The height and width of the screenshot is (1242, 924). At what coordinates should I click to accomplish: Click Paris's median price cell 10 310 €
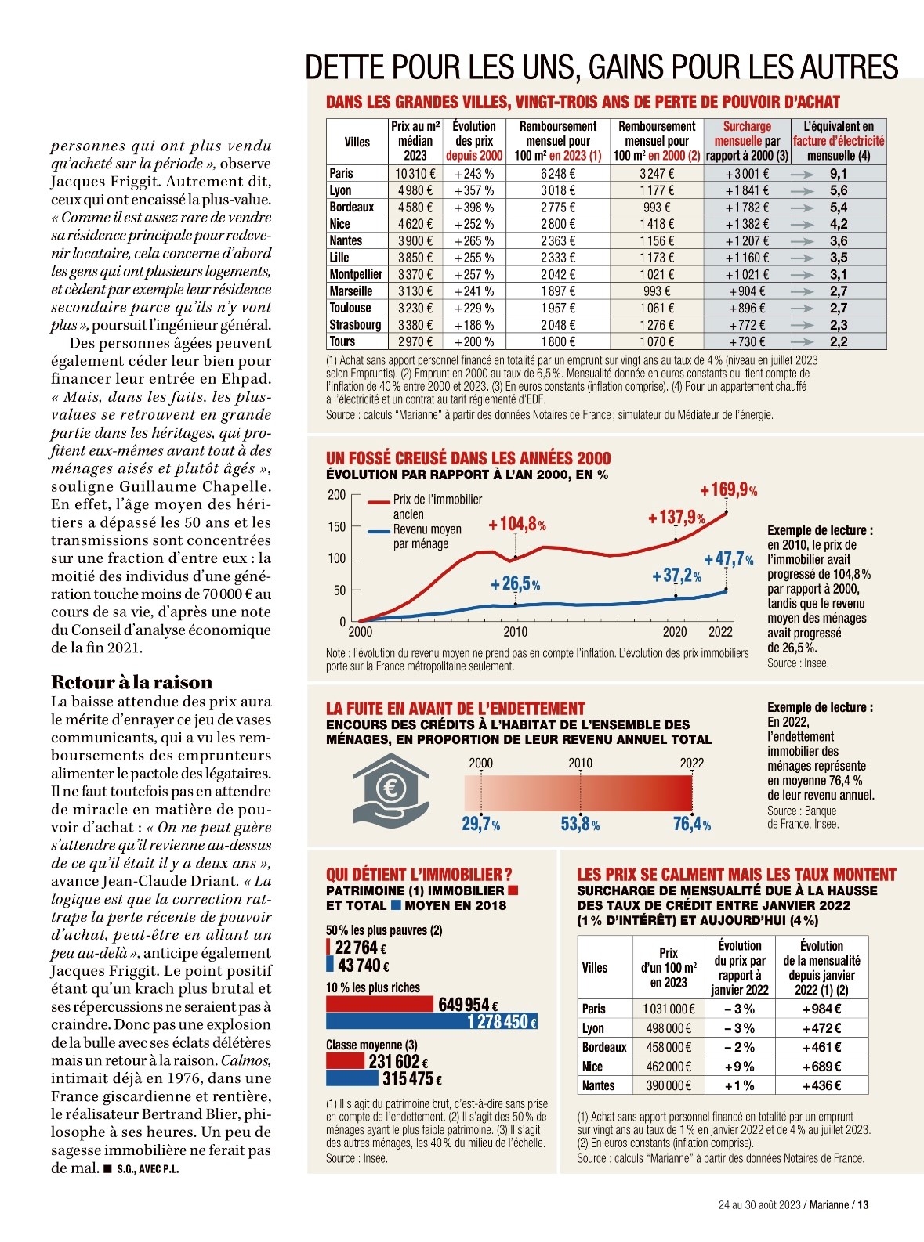pyautogui.click(x=415, y=174)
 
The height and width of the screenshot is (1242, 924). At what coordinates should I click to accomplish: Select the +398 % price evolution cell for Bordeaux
pyautogui.click(x=473, y=208)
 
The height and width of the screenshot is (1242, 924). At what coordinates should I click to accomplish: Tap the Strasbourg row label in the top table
pyautogui.click(x=355, y=325)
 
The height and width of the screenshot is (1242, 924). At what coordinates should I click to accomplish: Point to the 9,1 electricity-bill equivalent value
pyautogui.click(x=838, y=174)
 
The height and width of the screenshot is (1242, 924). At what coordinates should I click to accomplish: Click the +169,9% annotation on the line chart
pyautogui.click(x=728, y=491)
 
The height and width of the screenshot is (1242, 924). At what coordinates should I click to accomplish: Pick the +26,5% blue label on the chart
pyautogui.click(x=515, y=584)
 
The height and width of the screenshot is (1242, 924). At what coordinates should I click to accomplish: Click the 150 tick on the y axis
pyautogui.click(x=336, y=527)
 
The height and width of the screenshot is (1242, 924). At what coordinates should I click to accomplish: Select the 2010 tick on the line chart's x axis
pyautogui.click(x=515, y=632)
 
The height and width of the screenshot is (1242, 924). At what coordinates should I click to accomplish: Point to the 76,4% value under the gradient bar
pyautogui.click(x=691, y=825)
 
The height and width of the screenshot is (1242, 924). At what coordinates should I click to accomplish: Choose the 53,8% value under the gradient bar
pyautogui.click(x=580, y=825)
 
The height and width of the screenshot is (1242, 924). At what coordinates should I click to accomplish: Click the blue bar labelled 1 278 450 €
pyautogui.click(x=431, y=1021)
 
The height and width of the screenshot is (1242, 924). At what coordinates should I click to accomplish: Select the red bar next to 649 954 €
pyautogui.click(x=379, y=1004)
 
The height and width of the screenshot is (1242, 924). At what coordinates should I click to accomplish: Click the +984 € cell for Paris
pyautogui.click(x=821, y=1009)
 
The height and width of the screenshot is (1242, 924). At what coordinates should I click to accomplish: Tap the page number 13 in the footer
pyautogui.click(x=863, y=1205)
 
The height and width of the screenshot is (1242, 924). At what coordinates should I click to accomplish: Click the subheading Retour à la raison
pyautogui.click(x=132, y=681)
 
